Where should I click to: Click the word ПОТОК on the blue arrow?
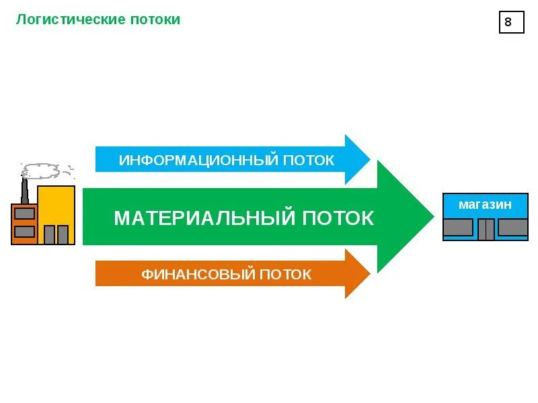[x=309, y=161]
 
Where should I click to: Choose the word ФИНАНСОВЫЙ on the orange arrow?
[x=198, y=274]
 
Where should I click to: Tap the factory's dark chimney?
[x=24, y=191]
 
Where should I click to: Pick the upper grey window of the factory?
[x=24, y=214]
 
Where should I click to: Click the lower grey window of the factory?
[x=24, y=231]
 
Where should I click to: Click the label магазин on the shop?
[x=485, y=204]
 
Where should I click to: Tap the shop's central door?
[x=486, y=229]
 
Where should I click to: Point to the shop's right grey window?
[x=512, y=227]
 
